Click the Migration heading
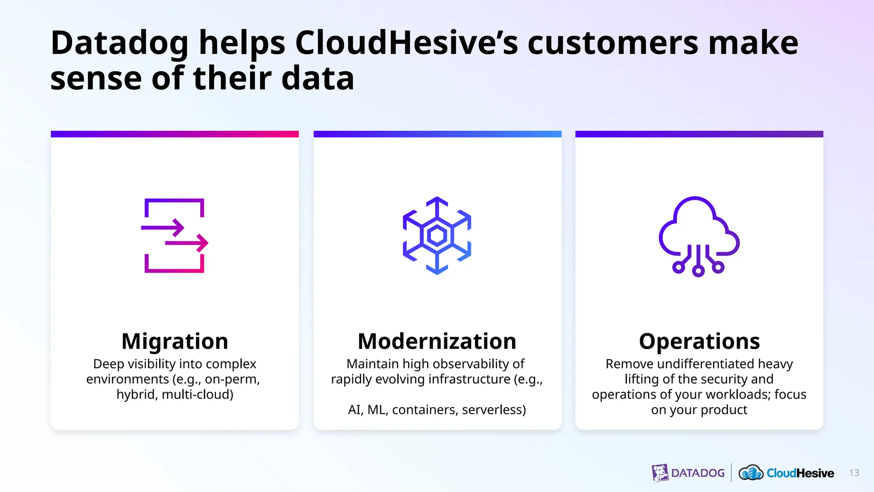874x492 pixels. [175, 341]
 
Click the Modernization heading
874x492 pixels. [437, 341]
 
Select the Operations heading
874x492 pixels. [699, 341]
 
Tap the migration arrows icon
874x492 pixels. [175, 235]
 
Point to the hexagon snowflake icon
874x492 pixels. [437, 235]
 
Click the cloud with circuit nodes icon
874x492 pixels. [699, 236]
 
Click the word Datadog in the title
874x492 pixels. [119, 44]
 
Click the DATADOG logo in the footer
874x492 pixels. [688, 473]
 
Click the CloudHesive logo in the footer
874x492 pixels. [786, 473]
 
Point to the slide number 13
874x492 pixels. [854, 473]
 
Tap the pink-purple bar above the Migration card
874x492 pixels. [175, 134]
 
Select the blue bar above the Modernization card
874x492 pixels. [437, 134]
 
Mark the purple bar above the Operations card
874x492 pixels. [699, 134]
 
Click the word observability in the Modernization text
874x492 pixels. [473, 364]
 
